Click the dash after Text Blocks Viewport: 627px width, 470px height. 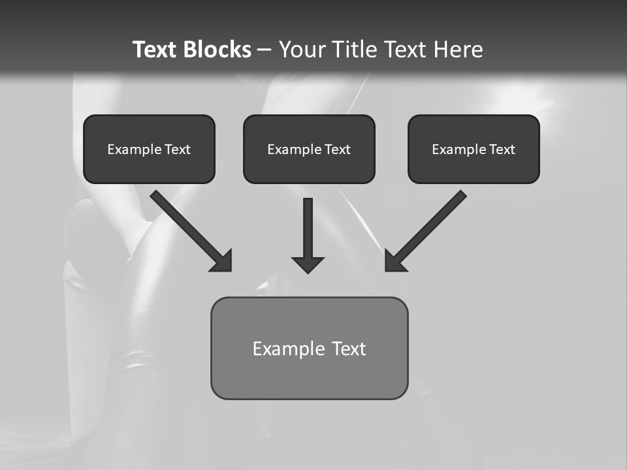click(265, 50)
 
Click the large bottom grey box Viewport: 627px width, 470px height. click(309, 375)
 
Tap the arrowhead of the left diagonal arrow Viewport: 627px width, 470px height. click(223, 262)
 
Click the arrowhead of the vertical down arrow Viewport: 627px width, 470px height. click(308, 264)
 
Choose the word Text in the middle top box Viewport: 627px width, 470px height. click(337, 149)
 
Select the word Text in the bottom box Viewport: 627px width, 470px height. click(349, 349)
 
